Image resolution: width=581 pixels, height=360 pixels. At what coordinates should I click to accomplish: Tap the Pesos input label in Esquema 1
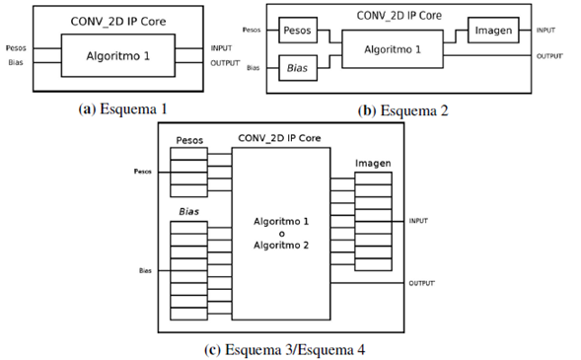(16, 46)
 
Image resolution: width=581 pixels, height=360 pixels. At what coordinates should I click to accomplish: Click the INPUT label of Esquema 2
(545, 31)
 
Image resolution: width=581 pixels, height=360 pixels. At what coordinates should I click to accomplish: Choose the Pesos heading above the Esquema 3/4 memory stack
(189, 140)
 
